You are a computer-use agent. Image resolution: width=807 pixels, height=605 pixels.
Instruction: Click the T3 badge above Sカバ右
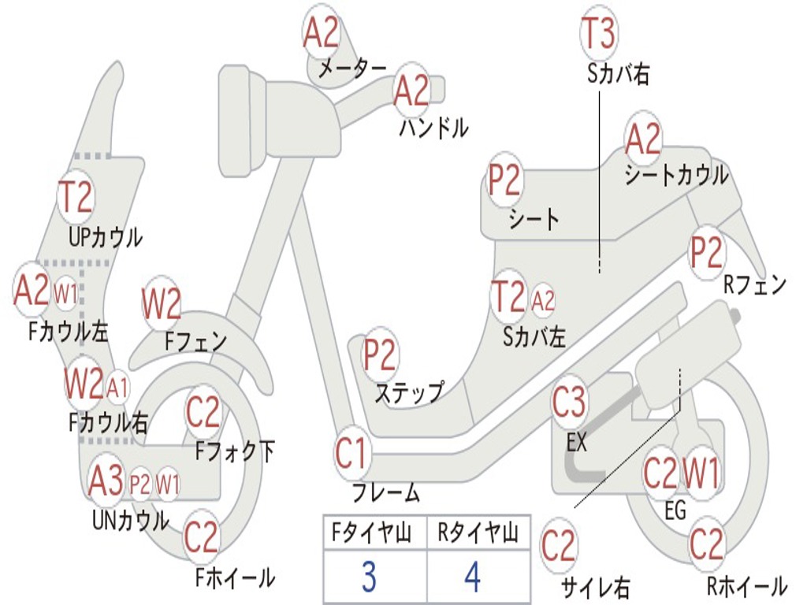click(598, 34)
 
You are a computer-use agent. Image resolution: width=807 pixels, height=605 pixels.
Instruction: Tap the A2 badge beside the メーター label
click(322, 33)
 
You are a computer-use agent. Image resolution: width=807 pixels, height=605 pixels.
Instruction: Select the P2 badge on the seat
click(504, 181)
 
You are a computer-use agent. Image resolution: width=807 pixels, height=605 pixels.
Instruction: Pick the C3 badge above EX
click(569, 403)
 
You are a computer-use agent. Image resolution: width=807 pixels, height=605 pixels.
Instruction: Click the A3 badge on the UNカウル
click(106, 481)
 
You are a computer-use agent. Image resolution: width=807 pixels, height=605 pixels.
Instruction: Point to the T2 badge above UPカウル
click(76, 197)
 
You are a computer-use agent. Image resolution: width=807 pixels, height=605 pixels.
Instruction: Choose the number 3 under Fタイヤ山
click(368, 578)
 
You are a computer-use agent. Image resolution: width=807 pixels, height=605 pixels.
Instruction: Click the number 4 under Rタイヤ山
click(473, 578)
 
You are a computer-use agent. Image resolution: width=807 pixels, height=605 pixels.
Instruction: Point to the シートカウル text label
click(676, 175)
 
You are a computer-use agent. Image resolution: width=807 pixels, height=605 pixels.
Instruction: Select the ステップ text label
click(409, 392)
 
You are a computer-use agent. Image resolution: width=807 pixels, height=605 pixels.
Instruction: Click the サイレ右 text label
click(595, 587)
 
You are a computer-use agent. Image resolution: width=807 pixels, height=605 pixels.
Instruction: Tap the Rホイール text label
click(746, 585)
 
